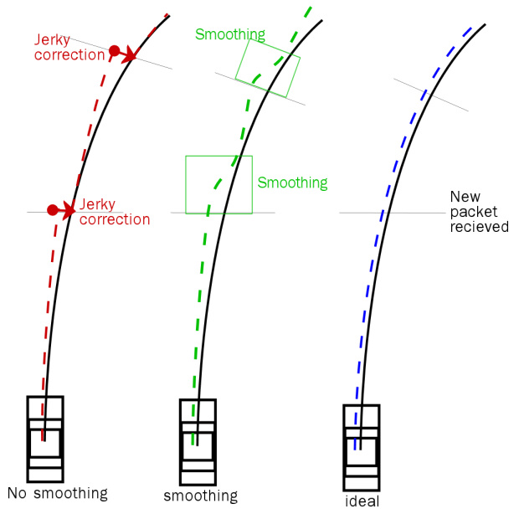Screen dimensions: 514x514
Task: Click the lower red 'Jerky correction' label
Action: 114,212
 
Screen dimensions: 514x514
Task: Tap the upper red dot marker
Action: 114,53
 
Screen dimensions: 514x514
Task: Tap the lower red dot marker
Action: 52,209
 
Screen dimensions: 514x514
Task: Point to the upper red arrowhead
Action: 131,56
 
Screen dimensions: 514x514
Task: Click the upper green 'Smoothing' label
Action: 229,35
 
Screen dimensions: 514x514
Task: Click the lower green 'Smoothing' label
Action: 292,182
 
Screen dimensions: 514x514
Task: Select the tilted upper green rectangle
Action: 268,68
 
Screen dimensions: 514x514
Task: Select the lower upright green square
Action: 218,183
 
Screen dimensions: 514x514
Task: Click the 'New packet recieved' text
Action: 478,211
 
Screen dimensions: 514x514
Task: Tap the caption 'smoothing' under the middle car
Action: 200,496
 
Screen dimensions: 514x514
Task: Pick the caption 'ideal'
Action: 362,501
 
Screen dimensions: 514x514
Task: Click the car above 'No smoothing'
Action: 45,438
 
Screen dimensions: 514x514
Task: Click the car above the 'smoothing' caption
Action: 198,440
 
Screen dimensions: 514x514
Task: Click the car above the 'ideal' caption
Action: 362,447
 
